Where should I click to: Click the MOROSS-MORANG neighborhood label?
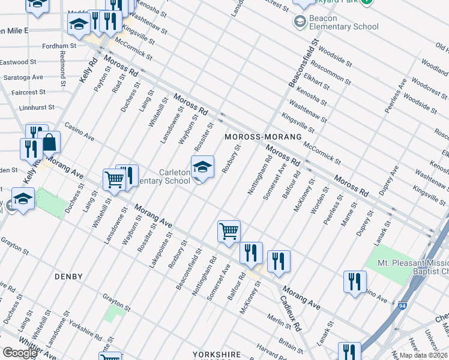(x=263, y=137)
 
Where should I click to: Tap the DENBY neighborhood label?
(x=68, y=277)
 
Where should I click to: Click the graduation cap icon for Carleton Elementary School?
(x=202, y=167)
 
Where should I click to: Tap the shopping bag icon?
(x=49, y=143)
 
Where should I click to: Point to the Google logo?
(x=20, y=353)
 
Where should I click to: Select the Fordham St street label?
(x=59, y=46)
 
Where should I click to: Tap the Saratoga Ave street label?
(x=22, y=77)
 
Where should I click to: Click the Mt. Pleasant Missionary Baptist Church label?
(x=412, y=268)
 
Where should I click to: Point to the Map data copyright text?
(x=424, y=355)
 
